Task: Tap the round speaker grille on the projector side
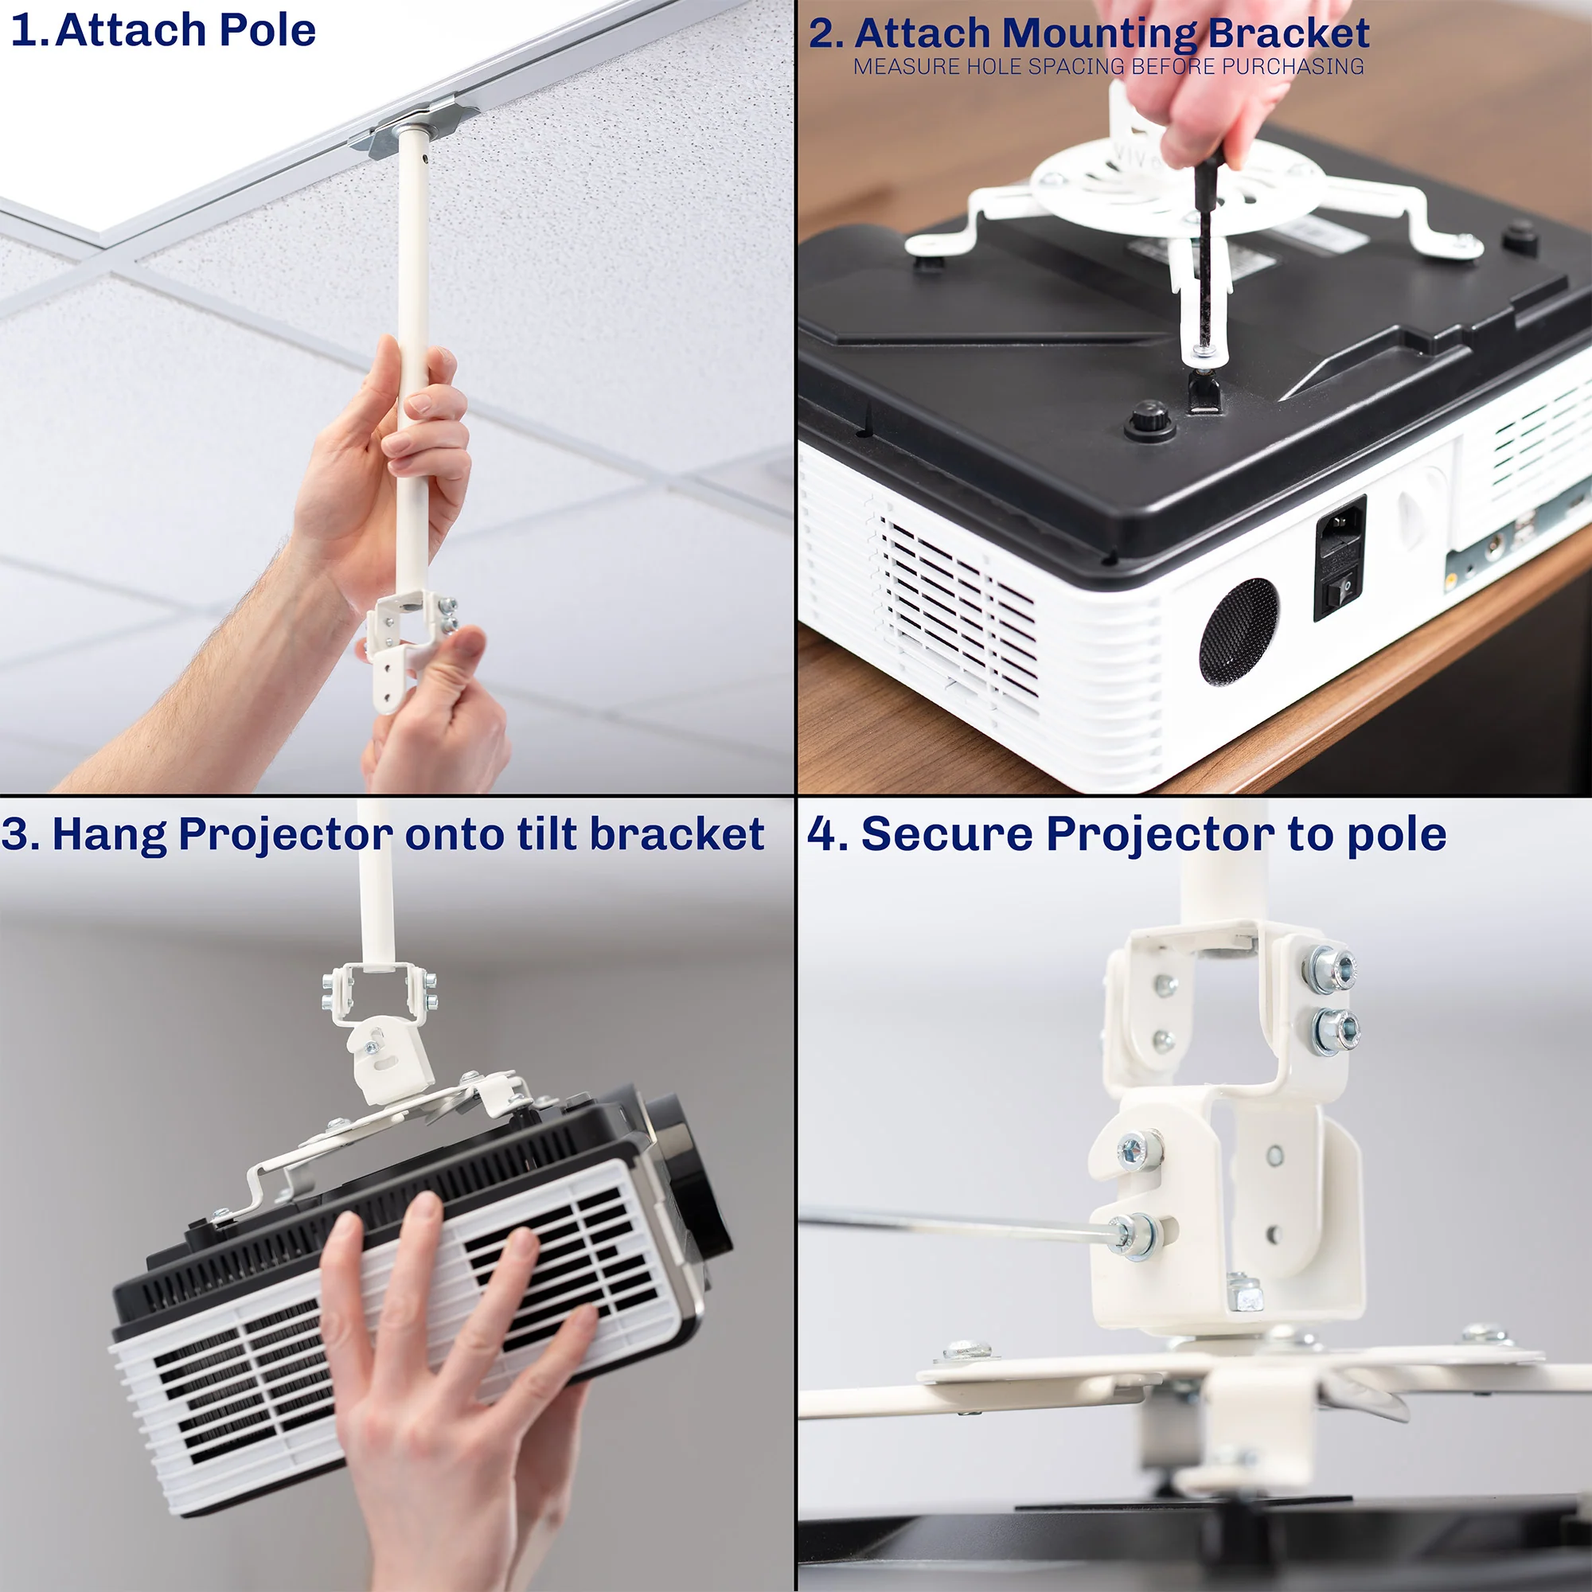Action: point(1239,630)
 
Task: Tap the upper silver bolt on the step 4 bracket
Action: point(1329,969)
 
